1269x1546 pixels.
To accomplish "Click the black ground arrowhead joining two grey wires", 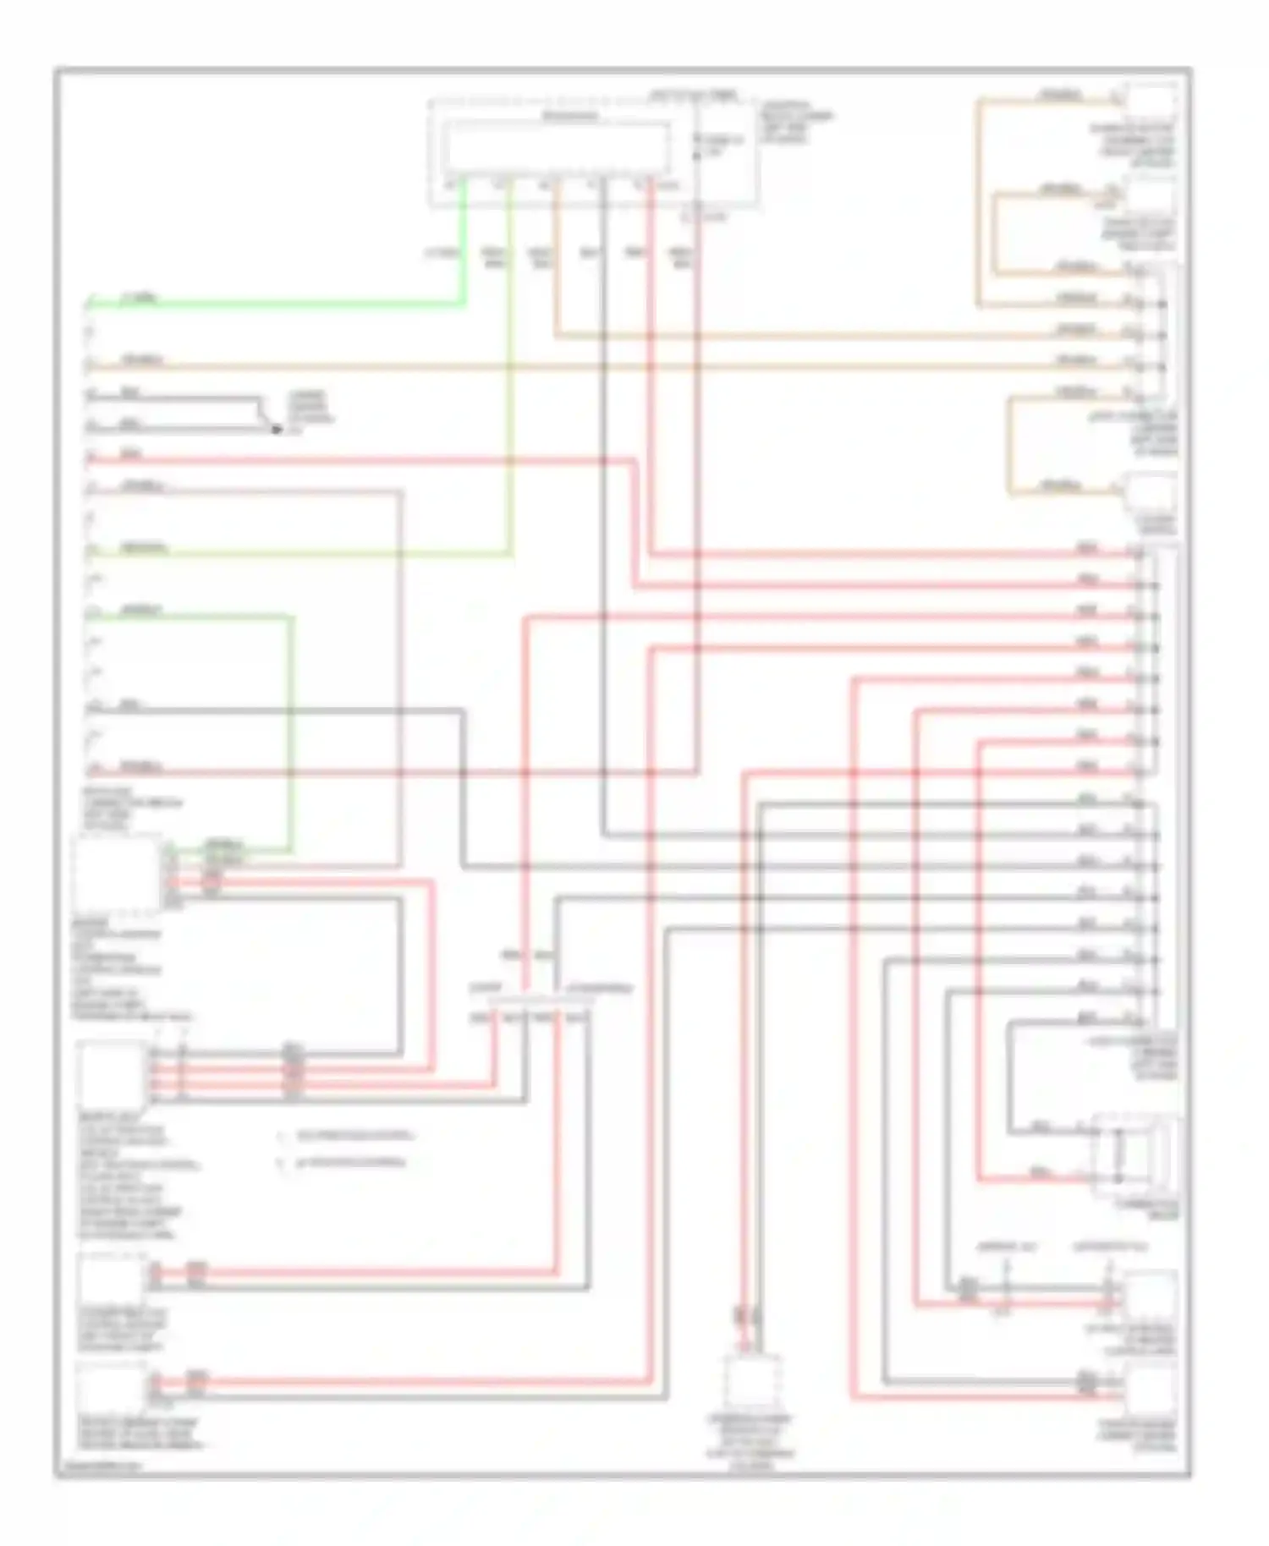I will (x=275, y=429).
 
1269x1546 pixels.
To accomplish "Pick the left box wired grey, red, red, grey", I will (x=111, y=1072).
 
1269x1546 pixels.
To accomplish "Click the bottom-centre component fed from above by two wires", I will (x=751, y=1384).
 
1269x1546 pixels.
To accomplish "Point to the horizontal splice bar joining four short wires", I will (x=533, y=1001).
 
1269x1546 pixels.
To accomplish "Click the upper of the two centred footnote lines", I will (x=347, y=1136).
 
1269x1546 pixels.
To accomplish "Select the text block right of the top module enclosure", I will (x=795, y=123).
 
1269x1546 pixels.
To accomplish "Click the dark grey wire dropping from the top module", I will (x=603, y=507).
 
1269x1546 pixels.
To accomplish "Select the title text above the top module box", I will (x=692, y=95).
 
